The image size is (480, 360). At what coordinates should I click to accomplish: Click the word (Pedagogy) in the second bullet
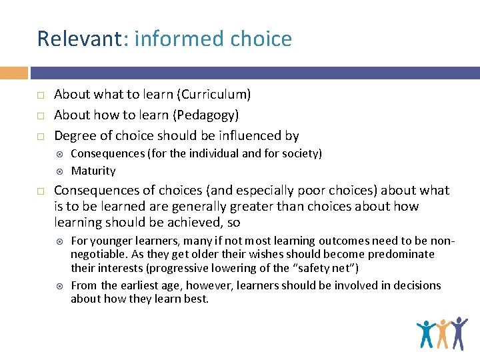206,115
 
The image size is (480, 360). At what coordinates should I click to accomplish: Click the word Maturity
93,171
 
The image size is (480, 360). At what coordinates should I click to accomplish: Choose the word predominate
400,254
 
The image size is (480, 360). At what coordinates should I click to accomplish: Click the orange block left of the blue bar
14,73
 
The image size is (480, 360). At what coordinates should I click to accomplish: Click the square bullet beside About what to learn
41,95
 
